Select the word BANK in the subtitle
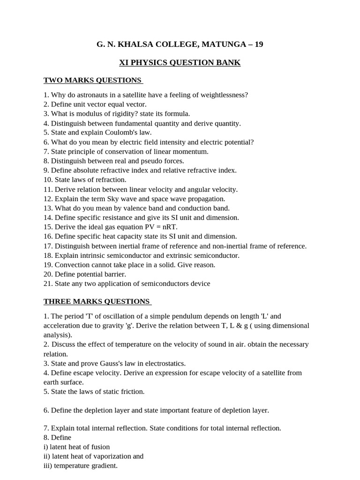click(229, 63)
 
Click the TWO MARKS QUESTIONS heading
click(92, 80)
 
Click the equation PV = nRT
click(156, 227)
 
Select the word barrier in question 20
click(115, 274)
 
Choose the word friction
click(131, 391)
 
